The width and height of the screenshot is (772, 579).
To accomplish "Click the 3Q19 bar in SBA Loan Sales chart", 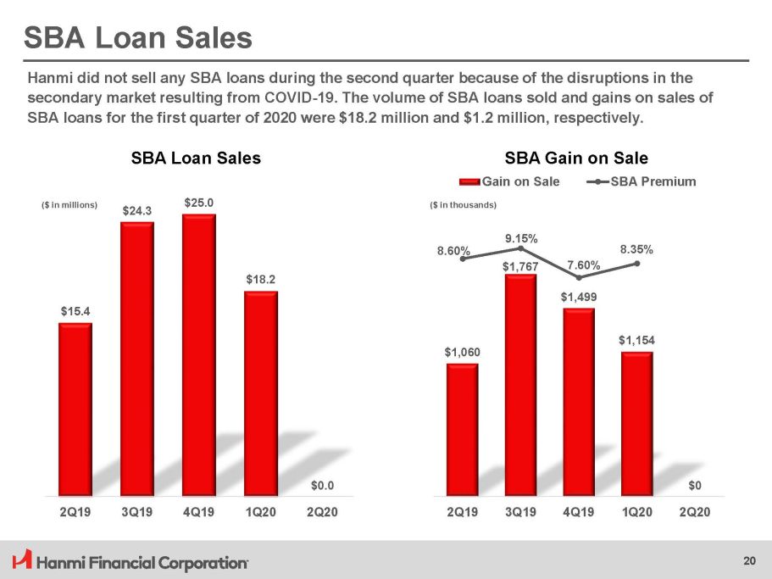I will [137, 358].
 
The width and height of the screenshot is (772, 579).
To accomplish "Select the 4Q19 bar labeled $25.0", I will [199, 354].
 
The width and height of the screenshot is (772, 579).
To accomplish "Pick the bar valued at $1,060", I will [462, 429].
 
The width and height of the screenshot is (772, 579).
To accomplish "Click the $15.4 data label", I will [75, 311].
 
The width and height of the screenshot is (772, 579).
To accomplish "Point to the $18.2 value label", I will [261, 278].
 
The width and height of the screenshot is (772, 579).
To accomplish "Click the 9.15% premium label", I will [520, 238].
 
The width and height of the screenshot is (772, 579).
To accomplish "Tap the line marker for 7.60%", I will [578, 277].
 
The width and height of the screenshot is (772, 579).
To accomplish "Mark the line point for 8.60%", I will [463, 259].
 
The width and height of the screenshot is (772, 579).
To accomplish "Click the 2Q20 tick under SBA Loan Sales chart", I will [322, 513].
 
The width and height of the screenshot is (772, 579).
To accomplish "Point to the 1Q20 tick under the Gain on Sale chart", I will [636, 513].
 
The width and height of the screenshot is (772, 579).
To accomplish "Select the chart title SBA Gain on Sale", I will [576, 159].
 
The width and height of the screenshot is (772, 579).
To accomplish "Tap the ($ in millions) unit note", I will [70, 205].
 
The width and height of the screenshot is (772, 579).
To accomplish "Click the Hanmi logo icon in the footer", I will [23, 560].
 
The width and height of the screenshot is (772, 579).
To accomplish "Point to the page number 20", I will [748, 560].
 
